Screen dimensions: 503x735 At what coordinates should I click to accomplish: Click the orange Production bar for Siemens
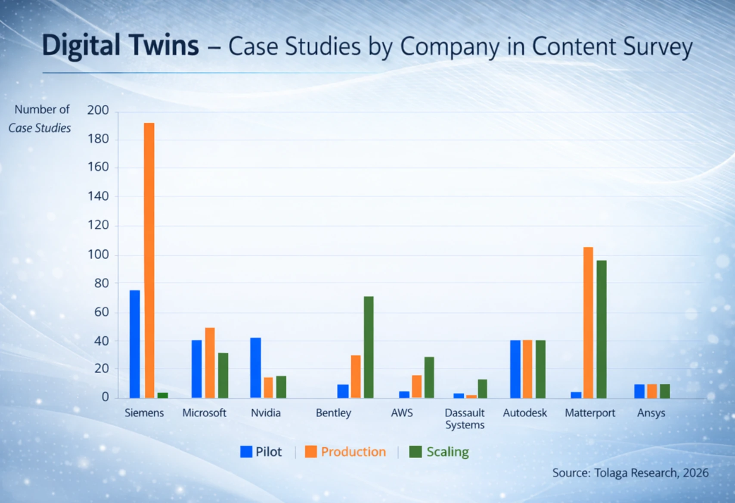click(149, 260)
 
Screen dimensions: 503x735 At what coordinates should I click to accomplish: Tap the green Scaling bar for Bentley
click(369, 347)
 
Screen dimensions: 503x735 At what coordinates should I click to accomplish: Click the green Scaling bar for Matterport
click(602, 329)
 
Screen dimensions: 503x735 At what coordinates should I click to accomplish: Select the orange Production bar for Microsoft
click(210, 363)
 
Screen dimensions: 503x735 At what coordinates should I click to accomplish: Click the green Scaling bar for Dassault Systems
click(482, 388)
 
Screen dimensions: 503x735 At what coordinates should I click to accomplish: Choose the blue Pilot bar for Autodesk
click(515, 369)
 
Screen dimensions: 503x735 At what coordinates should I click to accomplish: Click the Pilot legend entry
click(261, 452)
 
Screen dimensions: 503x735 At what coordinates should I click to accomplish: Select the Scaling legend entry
click(439, 452)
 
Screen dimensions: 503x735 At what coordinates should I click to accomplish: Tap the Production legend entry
click(345, 452)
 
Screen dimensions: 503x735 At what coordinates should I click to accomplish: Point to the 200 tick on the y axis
click(98, 110)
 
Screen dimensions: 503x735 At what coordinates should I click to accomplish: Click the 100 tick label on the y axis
click(98, 255)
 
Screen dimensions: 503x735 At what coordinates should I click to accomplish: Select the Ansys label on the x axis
click(651, 413)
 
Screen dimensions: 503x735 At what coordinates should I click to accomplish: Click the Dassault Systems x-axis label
click(465, 419)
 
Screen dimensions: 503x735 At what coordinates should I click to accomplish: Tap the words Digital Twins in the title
click(120, 46)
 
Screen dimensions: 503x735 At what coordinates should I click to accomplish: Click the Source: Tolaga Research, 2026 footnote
click(630, 473)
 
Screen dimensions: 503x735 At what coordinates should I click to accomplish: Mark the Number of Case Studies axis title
click(40, 119)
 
